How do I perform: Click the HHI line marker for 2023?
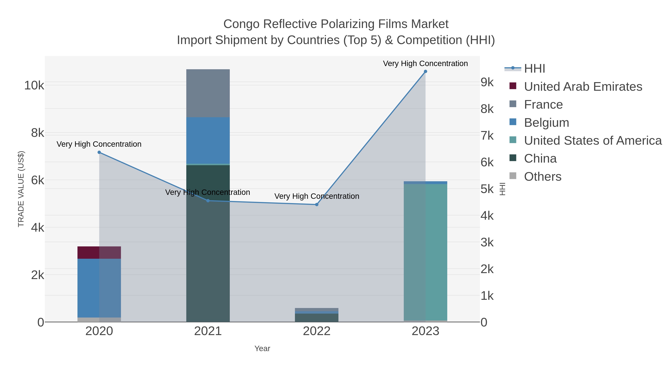pos(425,71)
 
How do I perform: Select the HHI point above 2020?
pos(99,152)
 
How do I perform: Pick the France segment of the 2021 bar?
pos(208,93)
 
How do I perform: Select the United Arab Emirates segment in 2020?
pos(99,253)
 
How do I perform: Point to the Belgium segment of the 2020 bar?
pos(99,288)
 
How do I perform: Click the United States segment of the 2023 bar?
pos(425,252)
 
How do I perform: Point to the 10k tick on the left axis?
pos(34,85)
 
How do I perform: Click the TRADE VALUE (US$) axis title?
pos(21,189)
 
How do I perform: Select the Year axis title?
pos(262,349)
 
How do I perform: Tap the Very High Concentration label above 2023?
pos(425,64)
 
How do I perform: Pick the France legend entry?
pos(543,105)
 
